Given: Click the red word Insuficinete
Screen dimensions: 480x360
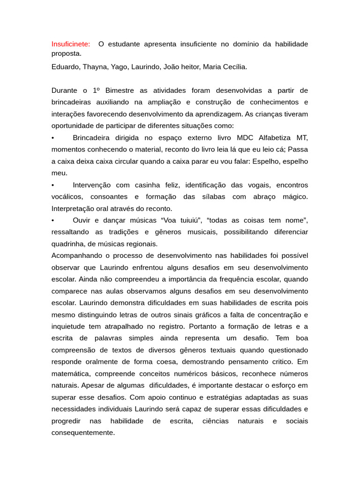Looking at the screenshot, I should tap(71, 44).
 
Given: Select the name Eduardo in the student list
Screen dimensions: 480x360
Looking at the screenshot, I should tap(65, 67).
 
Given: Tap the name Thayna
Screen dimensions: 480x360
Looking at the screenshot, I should tap(96, 67).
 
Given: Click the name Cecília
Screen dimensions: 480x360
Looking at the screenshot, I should tap(232, 67).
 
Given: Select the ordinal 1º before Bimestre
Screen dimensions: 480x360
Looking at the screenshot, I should tap(96, 90).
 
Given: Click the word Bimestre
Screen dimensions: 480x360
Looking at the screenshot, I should tap(121, 90).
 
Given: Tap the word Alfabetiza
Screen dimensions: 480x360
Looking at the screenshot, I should tap(277, 137).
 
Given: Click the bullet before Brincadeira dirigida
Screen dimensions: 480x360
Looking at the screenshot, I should tap(53, 137).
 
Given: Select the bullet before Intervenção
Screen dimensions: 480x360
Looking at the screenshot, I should tap(53, 185).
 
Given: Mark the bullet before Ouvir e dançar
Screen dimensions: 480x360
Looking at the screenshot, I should tap(53, 220).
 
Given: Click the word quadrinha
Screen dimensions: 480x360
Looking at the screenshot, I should tap(69, 244).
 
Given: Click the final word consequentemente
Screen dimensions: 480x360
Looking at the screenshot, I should tap(83, 433).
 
